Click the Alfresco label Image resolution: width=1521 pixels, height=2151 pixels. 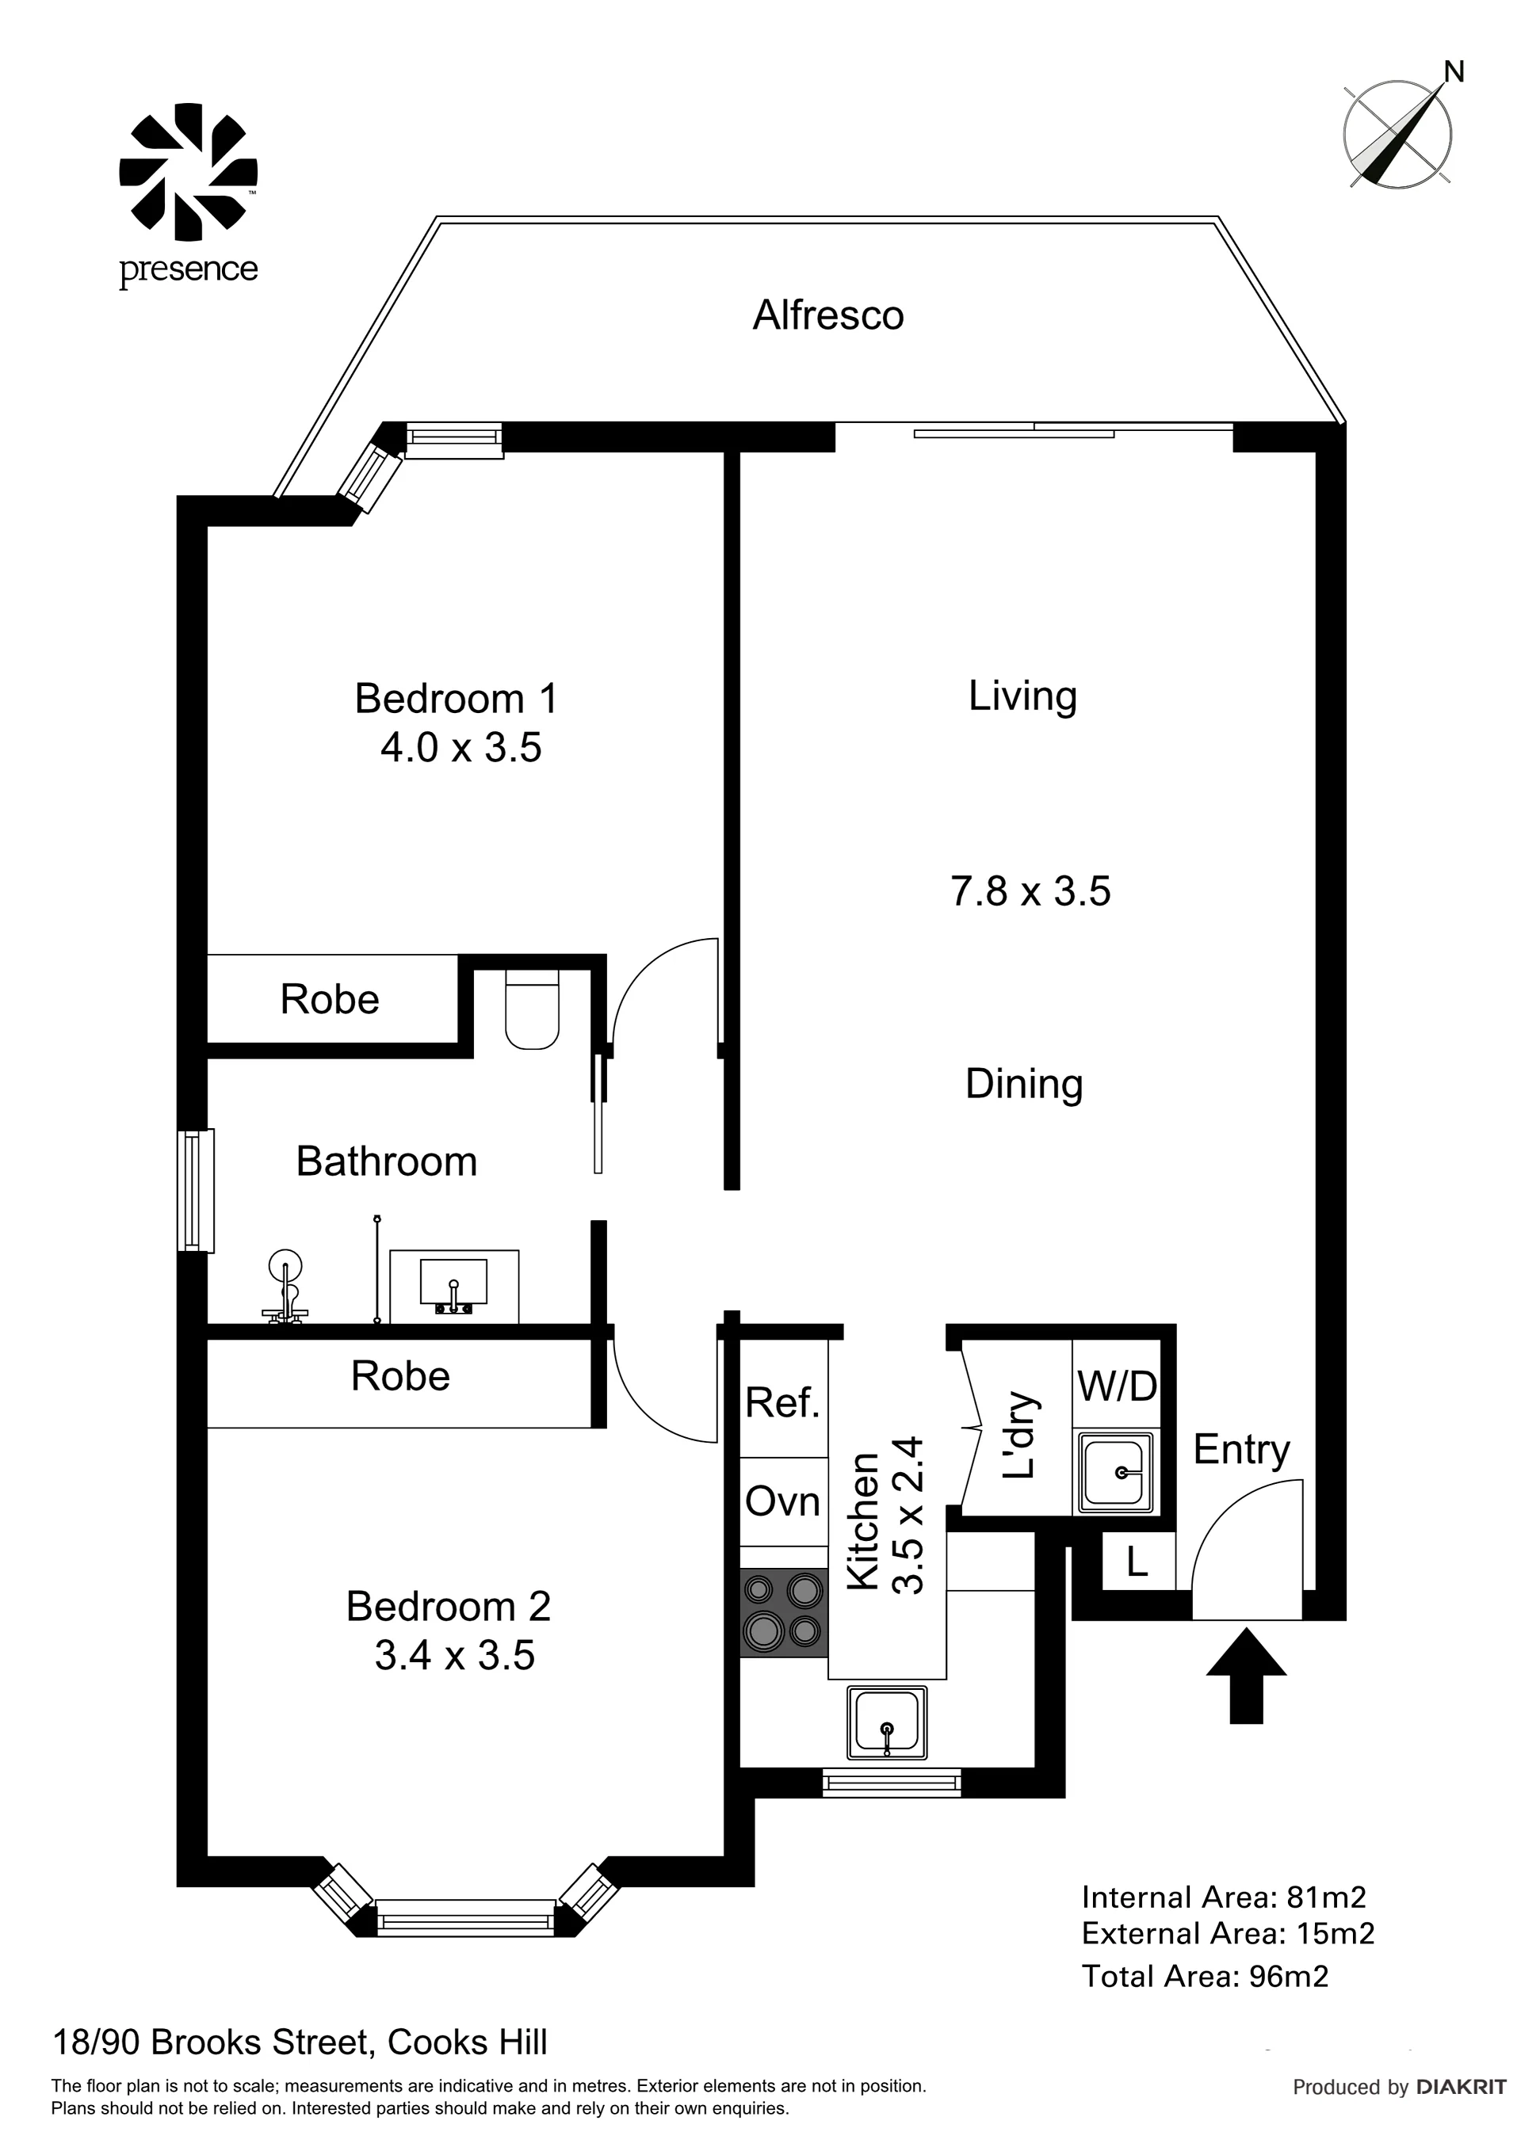point(827,315)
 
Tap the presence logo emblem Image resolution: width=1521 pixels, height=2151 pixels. point(189,171)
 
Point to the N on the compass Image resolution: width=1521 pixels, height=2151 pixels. point(1454,71)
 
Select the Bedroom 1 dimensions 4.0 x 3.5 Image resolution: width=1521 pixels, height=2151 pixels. point(461,749)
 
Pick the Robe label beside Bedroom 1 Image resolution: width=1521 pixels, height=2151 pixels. point(330,1000)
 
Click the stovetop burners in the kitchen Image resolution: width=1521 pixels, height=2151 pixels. point(783,1613)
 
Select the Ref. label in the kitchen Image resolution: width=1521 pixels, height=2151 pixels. point(782,1402)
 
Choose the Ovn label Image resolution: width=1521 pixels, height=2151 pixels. point(782,1502)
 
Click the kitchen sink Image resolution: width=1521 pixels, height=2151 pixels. point(887,1722)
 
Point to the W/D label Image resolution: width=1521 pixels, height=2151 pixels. point(1117,1386)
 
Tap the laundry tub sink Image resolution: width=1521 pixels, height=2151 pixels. point(1115,1471)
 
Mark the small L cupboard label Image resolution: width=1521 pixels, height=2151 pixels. point(1137,1562)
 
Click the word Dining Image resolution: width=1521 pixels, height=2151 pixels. point(1024,1084)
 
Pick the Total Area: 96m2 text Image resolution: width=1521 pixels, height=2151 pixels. point(1206,1977)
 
